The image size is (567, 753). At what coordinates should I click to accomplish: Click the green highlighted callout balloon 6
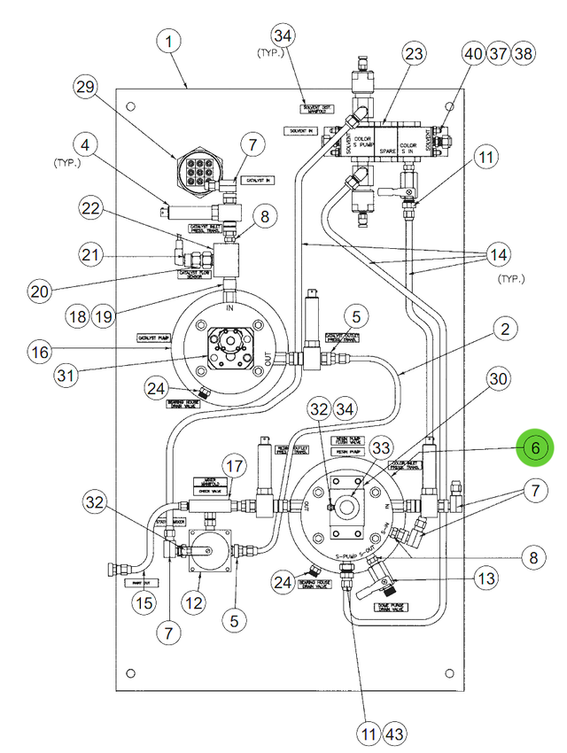click(535, 449)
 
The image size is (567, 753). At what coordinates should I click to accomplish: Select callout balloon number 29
click(85, 88)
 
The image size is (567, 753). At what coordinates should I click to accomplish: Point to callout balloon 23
click(416, 54)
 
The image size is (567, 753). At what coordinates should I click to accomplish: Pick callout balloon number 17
click(234, 466)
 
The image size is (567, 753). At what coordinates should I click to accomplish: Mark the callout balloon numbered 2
click(504, 330)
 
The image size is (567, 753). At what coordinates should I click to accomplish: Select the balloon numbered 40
click(473, 54)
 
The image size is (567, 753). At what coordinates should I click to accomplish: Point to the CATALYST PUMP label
click(152, 338)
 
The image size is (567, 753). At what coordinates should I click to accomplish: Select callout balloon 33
click(381, 447)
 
